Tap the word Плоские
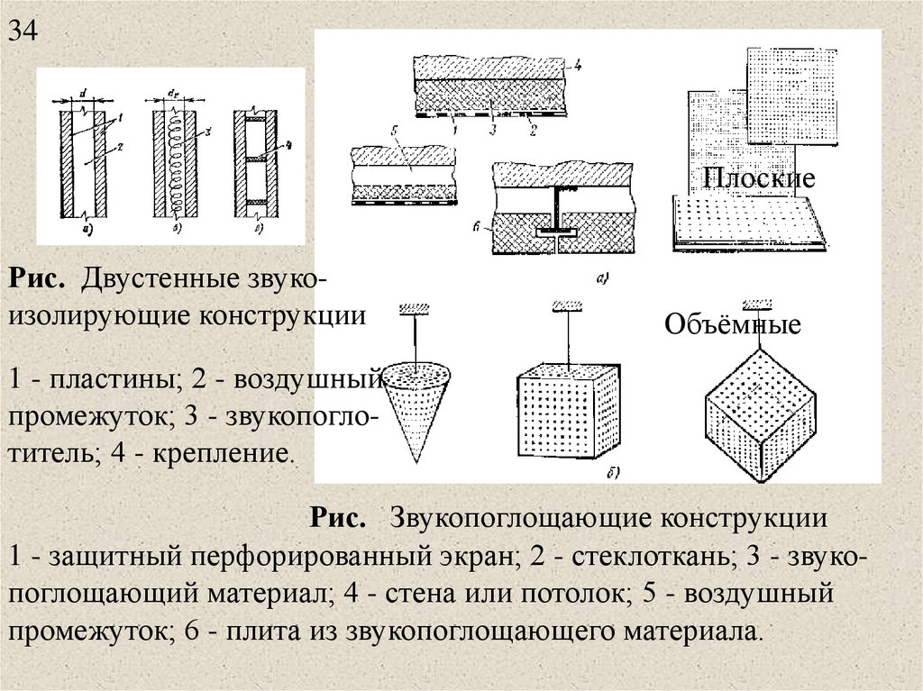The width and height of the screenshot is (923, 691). point(759,177)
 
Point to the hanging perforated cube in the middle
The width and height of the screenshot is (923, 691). point(567,412)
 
